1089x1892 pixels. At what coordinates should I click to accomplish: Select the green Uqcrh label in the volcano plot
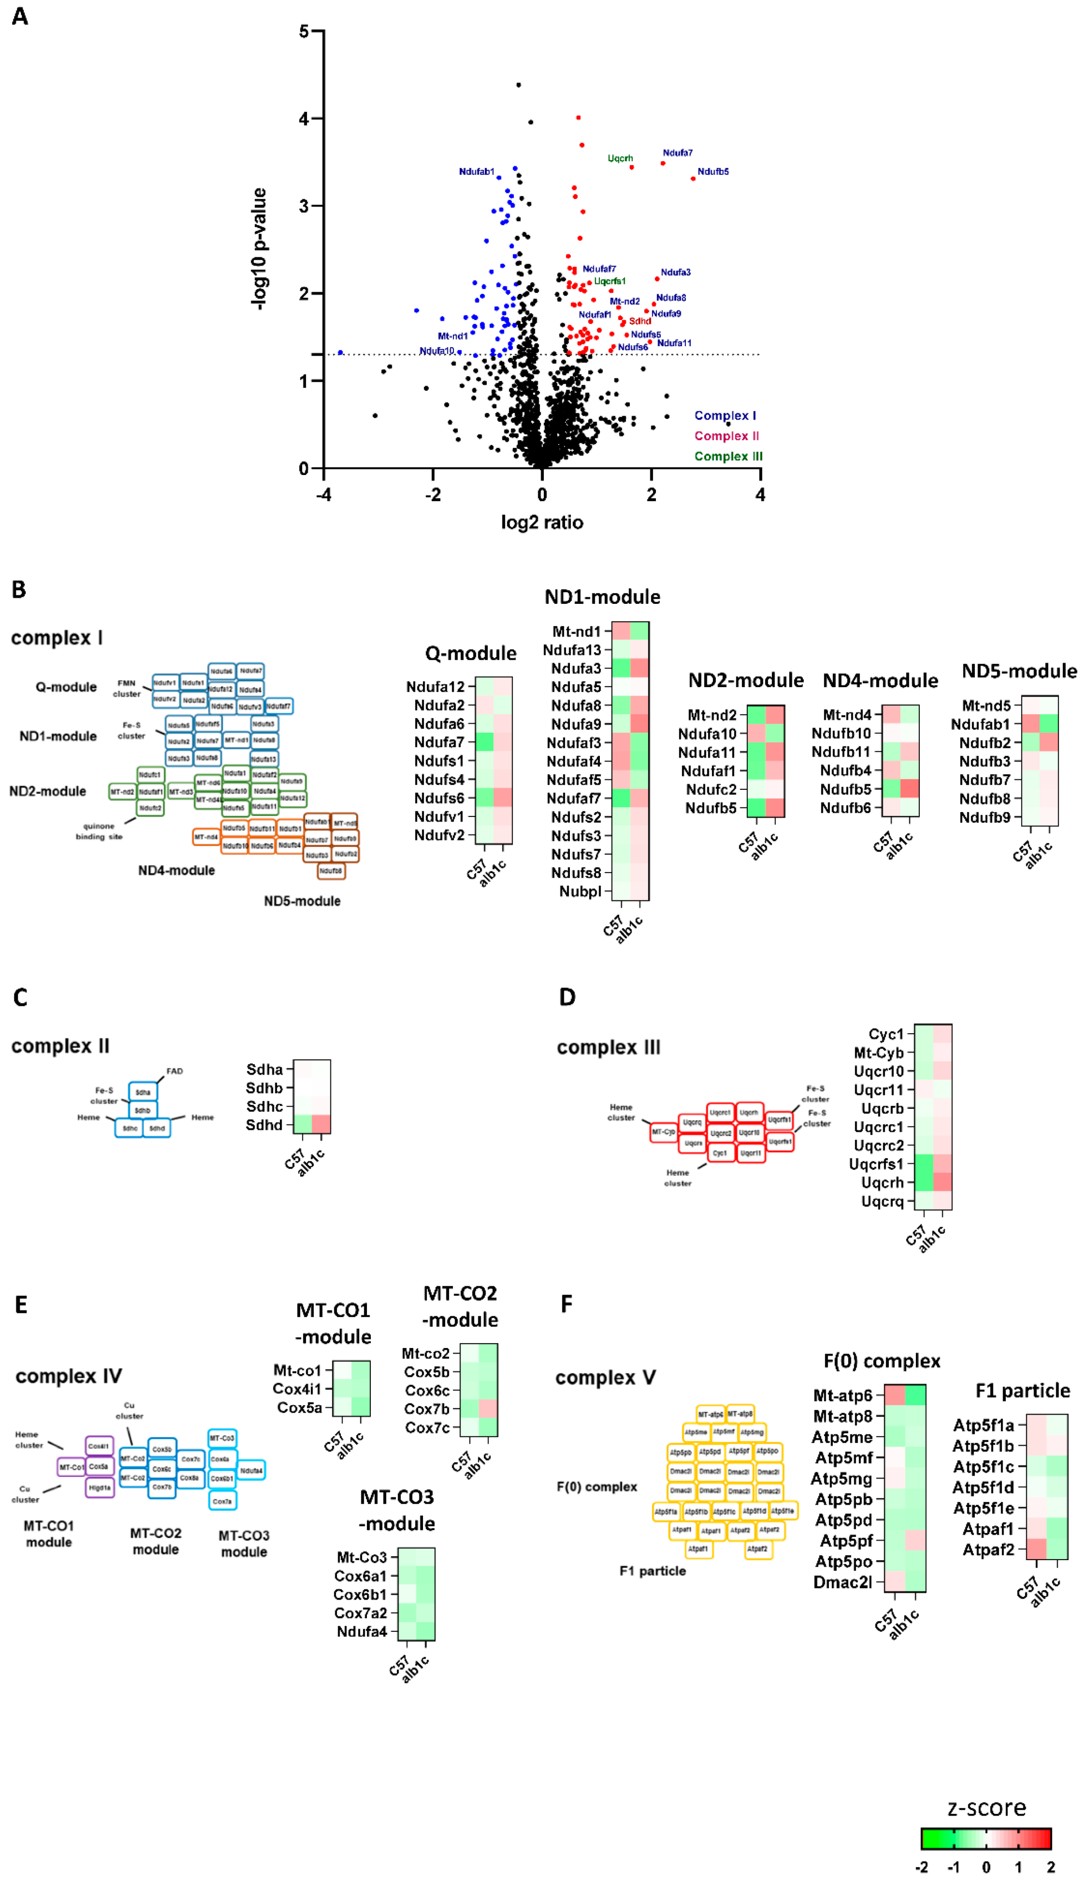point(620,158)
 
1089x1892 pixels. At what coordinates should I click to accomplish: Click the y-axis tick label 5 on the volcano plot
point(304,31)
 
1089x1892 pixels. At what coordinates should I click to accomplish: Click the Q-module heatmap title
point(471,653)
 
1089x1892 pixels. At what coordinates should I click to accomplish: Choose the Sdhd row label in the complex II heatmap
point(264,1125)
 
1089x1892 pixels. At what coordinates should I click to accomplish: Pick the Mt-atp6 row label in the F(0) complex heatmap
point(842,1395)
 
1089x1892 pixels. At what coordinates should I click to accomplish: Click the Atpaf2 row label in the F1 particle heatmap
point(987,1549)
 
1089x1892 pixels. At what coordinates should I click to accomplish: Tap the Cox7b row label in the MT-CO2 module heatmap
point(426,1409)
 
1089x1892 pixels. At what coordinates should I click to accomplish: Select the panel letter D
point(567,997)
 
